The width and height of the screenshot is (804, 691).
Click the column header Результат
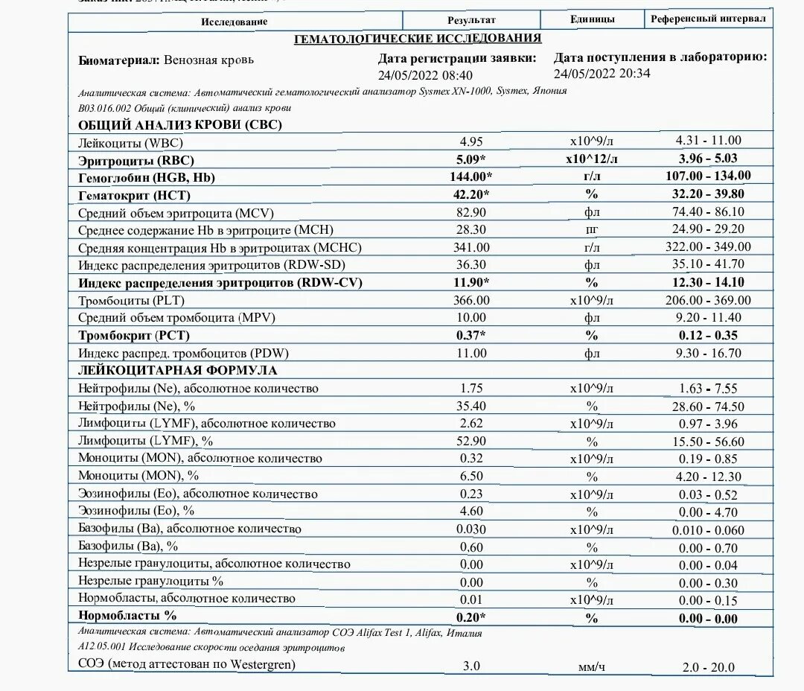471,20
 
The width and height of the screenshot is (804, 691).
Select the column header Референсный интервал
707,19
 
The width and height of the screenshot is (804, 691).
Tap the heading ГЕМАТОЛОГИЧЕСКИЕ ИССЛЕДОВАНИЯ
418,39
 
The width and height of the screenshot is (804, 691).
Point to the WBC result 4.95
471,141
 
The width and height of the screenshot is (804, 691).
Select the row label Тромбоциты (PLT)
131,301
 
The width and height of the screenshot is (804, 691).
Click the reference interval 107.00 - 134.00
708,176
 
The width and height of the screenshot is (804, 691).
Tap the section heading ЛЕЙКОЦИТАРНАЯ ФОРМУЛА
178,370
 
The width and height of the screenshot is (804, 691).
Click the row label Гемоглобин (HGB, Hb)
151,177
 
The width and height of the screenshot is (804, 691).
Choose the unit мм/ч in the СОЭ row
592,667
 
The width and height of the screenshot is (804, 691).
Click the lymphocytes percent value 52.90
471,441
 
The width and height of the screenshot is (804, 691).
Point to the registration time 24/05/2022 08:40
425,75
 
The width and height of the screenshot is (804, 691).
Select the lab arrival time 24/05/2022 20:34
602,73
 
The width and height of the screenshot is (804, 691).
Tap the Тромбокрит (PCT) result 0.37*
471,336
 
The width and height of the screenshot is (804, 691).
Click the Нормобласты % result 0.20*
471,617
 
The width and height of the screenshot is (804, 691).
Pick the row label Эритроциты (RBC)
141,159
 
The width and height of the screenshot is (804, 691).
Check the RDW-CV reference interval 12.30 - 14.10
708,282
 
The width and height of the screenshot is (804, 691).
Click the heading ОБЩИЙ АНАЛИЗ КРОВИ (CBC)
180,125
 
